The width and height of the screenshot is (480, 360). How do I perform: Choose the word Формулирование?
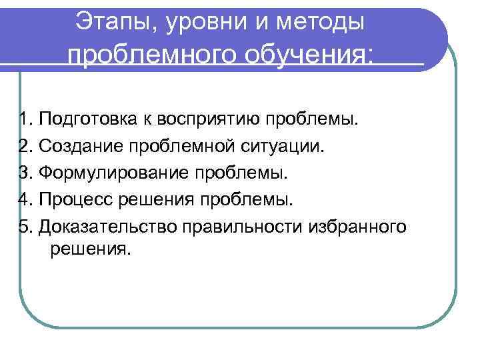click(x=113, y=173)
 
